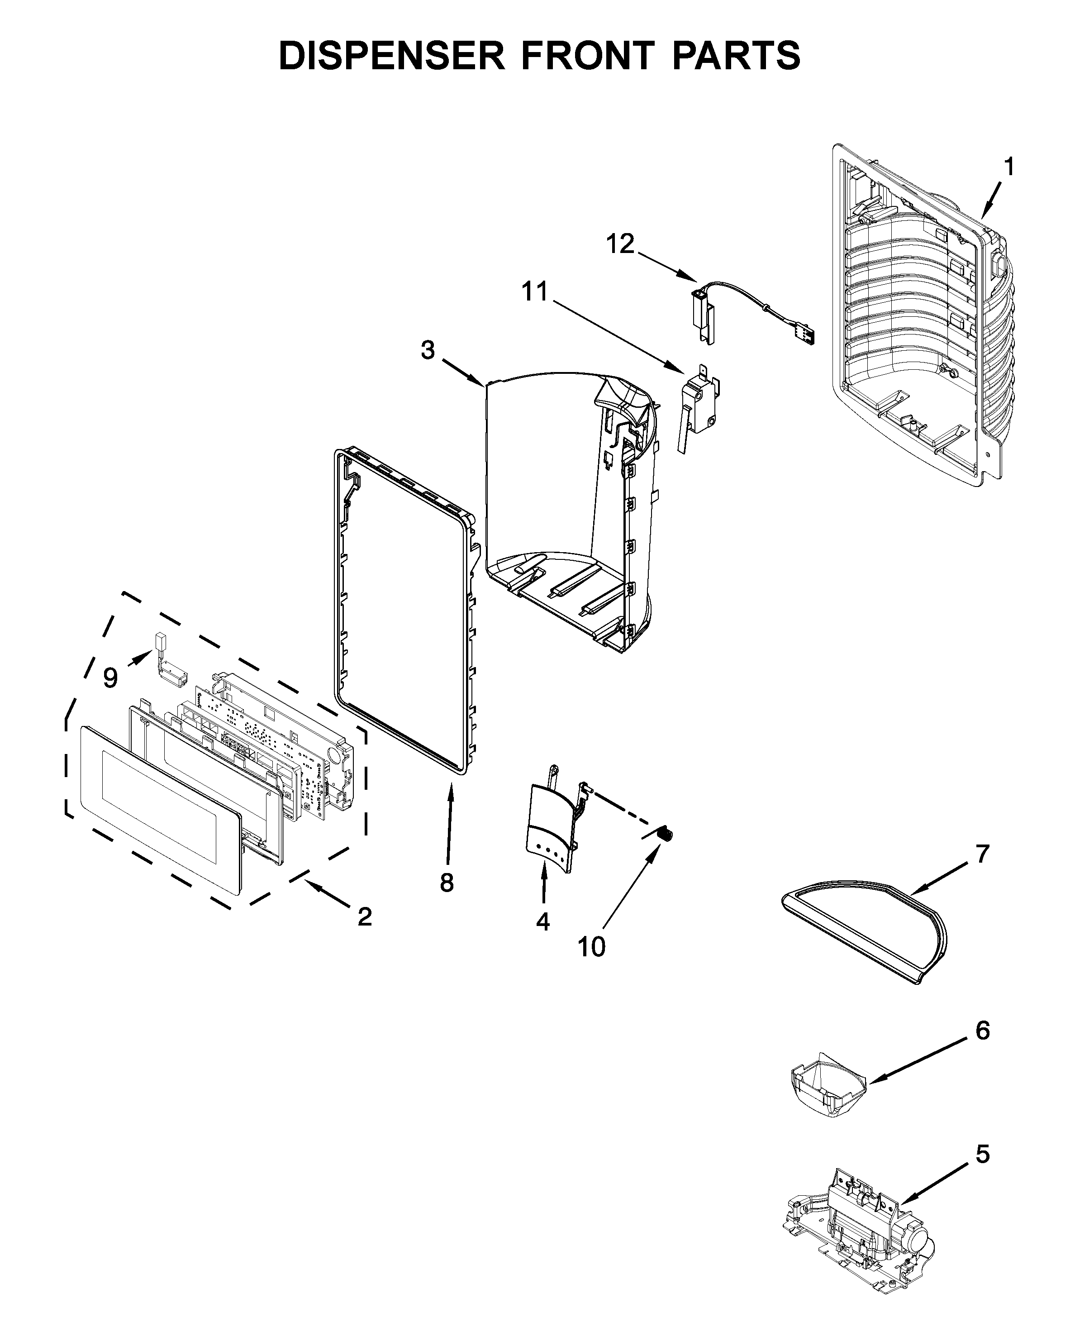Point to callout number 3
(428, 351)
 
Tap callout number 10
(591, 947)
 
